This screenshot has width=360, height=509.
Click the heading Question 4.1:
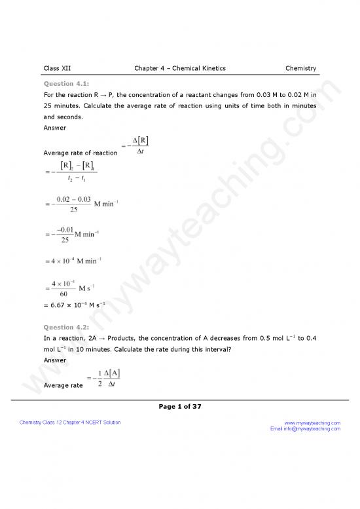(x=66, y=84)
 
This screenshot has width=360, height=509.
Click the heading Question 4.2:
(x=66, y=327)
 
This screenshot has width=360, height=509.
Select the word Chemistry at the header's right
(x=300, y=68)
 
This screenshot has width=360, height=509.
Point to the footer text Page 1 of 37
(x=180, y=406)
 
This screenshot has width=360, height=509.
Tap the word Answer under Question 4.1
(x=54, y=128)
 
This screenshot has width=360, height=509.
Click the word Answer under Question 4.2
(x=54, y=360)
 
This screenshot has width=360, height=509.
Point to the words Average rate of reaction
(x=80, y=153)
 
